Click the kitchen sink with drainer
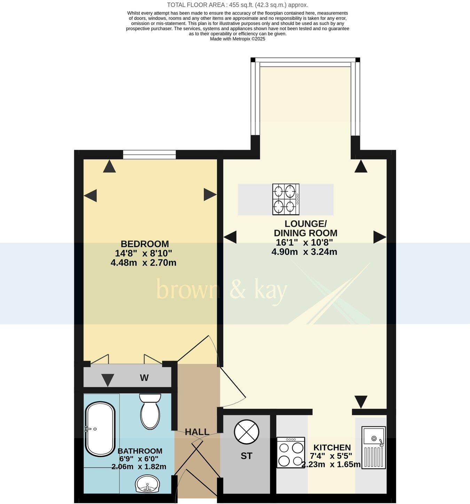(374, 448)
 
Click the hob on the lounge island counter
(286, 199)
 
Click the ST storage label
(246, 456)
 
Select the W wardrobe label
(144, 378)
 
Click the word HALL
(197, 432)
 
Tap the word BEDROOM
(145, 244)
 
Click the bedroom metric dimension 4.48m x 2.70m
(143, 262)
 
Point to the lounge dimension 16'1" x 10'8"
(304, 242)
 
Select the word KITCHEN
(332, 448)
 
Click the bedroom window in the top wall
(149, 154)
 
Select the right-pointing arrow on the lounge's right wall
(379, 237)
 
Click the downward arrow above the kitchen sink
(361, 402)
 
